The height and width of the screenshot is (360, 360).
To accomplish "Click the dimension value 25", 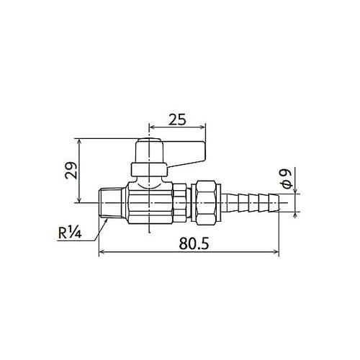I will tap(176, 119).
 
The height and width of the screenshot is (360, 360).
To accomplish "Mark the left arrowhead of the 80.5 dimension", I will tap(101, 252).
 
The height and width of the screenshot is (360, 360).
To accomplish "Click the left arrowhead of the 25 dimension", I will tap(151, 127).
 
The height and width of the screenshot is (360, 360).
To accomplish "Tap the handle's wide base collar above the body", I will tap(149, 170).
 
